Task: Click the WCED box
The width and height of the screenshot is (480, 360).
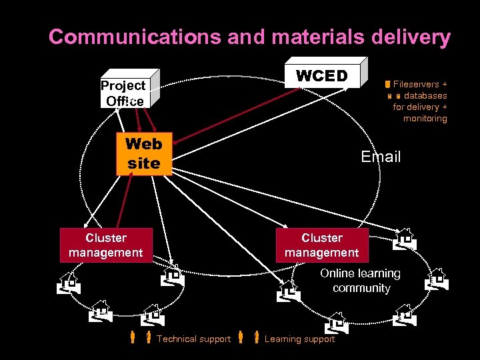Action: [x=323, y=76]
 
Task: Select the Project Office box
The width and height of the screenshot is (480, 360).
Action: [x=124, y=94]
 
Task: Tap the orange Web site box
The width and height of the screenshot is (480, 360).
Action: [x=143, y=153]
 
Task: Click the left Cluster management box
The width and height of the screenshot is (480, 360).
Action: [x=106, y=245]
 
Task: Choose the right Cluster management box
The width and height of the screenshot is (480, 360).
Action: [x=322, y=245]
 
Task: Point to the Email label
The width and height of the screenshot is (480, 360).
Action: [x=381, y=157]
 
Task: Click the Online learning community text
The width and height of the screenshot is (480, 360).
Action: [x=360, y=281]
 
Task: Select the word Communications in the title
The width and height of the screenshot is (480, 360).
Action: [x=135, y=37]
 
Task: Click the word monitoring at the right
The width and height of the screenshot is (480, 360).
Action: [x=425, y=118]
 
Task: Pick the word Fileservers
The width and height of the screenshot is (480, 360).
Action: [x=420, y=85]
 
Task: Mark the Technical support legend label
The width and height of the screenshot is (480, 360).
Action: [x=193, y=339]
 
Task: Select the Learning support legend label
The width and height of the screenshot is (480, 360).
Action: [x=299, y=339]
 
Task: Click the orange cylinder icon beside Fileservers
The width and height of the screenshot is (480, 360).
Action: [x=387, y=85]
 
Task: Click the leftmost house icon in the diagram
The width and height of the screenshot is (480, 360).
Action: [x=69, y=283]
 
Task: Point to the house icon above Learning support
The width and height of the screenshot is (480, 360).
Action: [x=335, y=323]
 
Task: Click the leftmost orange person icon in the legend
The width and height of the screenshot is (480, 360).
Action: [x=133, y=338]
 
